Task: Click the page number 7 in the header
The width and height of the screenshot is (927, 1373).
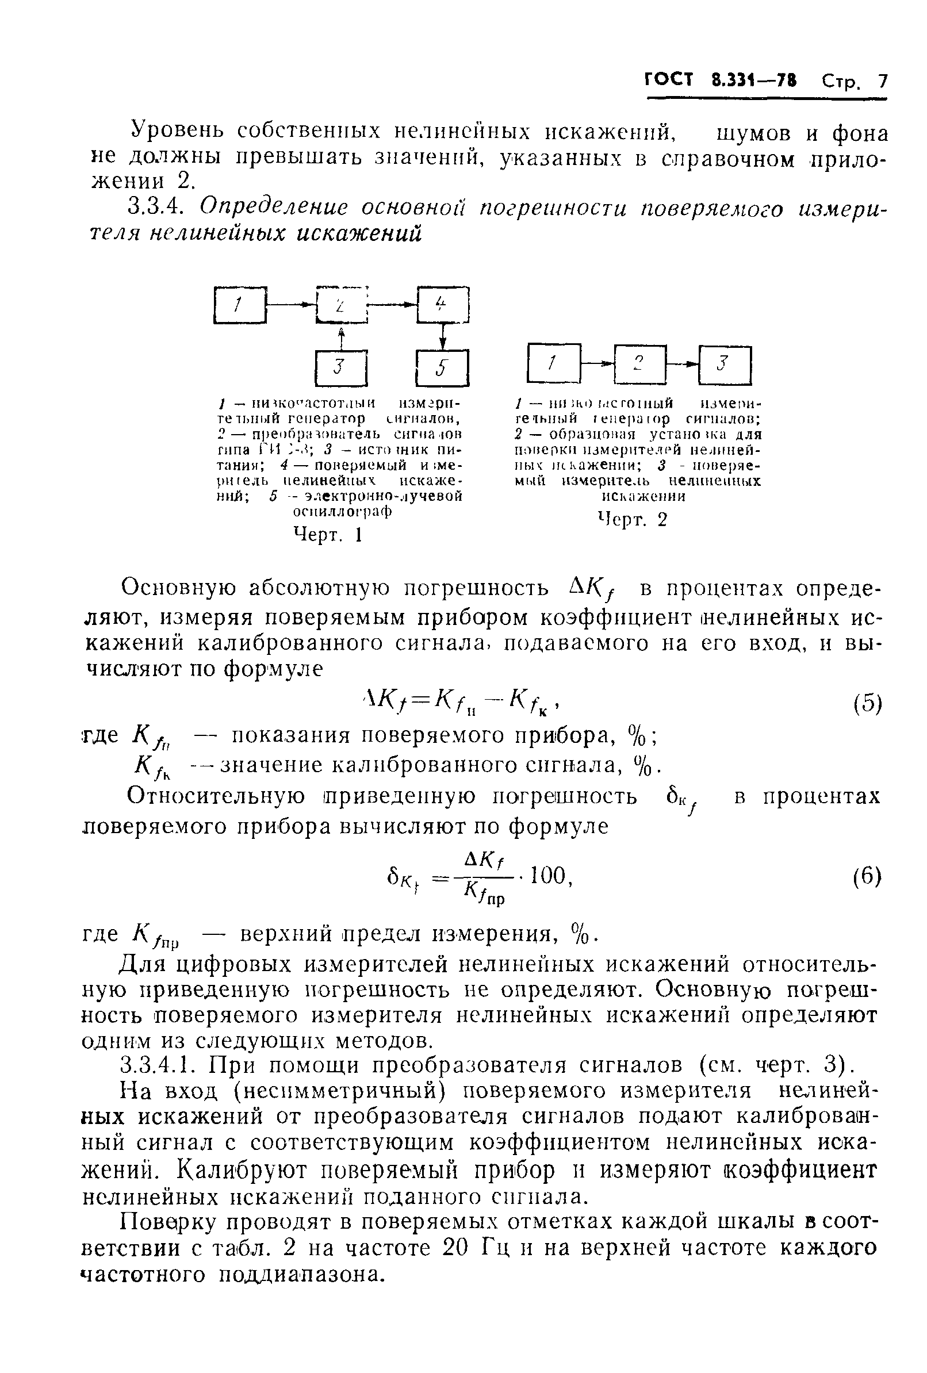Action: pyautogui.click(x=882, y=81)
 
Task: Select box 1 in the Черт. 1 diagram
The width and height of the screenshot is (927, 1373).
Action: pyautogui.click(x=239, y=305)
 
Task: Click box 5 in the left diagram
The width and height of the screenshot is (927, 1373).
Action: pyautogui.click(x=442, y=368)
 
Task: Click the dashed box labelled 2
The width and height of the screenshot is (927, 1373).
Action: pyautogui.click(x=342, y=305)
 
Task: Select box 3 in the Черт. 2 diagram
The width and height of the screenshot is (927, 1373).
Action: pyautogui.click(x=724, y=365)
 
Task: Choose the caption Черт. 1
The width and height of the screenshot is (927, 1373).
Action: pyautogui.click(x=327, y=535)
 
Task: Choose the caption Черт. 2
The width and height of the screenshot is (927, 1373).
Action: pyautogui.click(x=631, y=520)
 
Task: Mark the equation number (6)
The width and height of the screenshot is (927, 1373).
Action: pyautogui.click(x=867, y=876)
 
